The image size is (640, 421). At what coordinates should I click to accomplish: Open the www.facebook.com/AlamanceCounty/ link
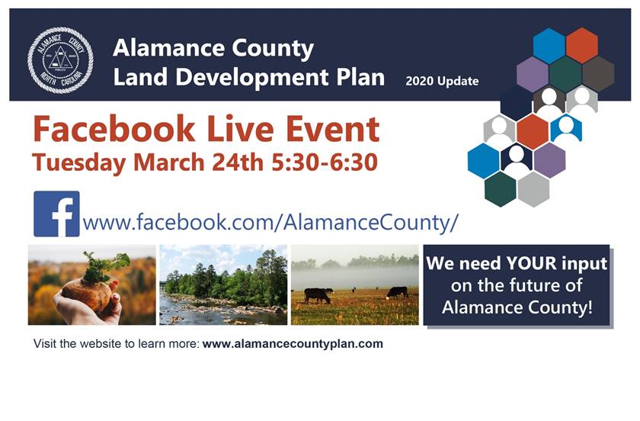coord(270,223)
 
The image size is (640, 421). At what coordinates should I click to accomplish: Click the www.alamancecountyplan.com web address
coord(293,344)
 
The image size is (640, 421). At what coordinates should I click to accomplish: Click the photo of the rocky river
coord(223,285)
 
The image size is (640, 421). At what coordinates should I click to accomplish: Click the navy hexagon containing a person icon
coord(517,159)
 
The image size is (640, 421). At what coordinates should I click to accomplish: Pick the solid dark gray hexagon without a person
coord(598,72)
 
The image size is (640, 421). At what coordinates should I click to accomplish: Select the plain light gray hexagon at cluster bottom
coord(533,189)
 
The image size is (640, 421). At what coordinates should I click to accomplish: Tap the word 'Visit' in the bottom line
coord(44,344)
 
